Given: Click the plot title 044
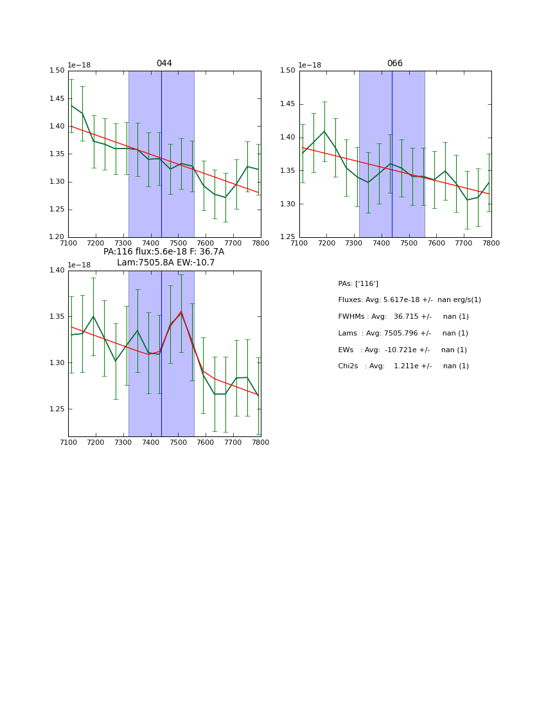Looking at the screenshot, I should click(164, 64).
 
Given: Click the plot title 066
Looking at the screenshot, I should click(394, 64).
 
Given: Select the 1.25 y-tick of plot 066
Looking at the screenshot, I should click(287, 237).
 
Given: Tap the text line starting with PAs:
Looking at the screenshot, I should click(358, 283).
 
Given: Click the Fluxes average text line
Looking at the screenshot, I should click(409, 300).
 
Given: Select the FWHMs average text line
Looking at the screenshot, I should click(403, 317).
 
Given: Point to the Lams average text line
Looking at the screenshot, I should click(403, 334).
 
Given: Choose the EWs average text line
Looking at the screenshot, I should click(402, 350).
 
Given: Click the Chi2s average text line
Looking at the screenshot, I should click(403, 366).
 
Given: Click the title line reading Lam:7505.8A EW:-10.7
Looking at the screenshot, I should click(166, 263).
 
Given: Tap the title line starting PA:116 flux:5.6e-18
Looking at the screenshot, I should click(164, 252).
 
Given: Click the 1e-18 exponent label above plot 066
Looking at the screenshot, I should click(310, 65).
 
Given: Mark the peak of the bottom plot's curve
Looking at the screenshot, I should click(181, 312).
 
